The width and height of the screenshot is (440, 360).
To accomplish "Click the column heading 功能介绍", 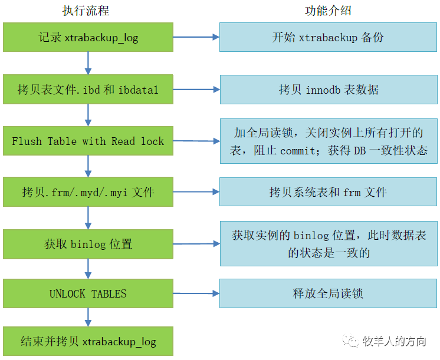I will click(x=329, y=11).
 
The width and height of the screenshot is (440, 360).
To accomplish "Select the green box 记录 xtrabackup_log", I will click(x=88, y=38).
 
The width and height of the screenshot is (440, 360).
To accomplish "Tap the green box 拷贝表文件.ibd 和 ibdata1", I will click(x=88, y=90).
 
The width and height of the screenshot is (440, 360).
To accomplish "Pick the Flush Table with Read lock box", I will click(x=88, y=141).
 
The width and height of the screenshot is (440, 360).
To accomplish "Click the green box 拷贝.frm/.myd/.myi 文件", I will click(x=88, y=192).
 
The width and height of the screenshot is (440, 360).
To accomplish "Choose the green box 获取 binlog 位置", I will click(x=88, y=243).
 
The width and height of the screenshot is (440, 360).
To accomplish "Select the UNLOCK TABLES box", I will click(x=88, y=293).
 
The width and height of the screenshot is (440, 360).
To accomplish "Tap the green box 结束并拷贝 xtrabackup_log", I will click(x=88, y=341).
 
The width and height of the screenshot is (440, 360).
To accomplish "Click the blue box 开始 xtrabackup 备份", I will click(x=328, y=38).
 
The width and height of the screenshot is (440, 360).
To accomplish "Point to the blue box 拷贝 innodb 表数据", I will click(x=328, y=90).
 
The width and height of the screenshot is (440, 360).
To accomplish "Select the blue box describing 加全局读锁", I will click(x=328, y=141).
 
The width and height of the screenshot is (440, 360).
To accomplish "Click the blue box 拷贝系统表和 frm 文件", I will click(x=328, y=192).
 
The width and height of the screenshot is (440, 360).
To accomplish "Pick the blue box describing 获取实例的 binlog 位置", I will click(x=328, y=244).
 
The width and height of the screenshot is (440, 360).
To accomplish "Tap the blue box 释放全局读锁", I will click(x=328, y=293).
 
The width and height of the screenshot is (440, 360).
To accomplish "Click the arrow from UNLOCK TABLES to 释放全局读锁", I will click(x=196, y=293).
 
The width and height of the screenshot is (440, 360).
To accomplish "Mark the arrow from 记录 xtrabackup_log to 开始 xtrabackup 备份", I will click(x=196, y=37).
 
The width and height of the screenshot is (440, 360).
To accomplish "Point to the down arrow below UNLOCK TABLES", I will click(x=88, y=316).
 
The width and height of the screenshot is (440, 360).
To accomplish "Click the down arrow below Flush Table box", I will click(x=88, y=166).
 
